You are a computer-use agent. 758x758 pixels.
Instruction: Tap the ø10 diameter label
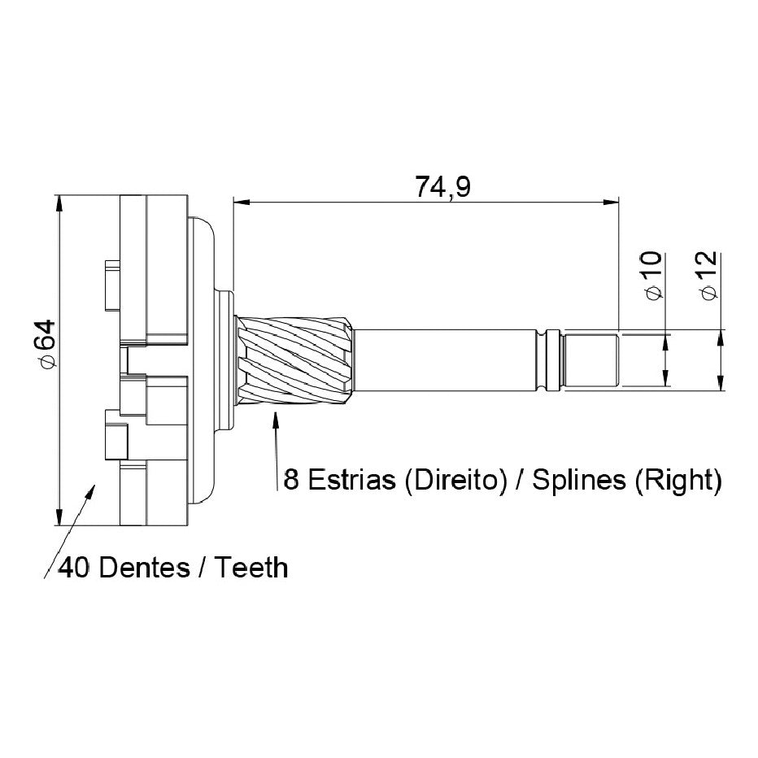[653, 275]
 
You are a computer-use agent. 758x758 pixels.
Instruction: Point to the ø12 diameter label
[708, 276]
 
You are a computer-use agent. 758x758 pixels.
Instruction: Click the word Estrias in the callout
[351, 480]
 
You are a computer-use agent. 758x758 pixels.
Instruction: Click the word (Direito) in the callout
[456, 481]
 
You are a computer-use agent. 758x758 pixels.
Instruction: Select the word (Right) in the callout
[677, 481]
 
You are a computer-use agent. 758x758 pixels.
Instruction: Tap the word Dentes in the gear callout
[144, 567]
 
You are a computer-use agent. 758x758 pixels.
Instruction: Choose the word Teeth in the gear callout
[250, 567]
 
